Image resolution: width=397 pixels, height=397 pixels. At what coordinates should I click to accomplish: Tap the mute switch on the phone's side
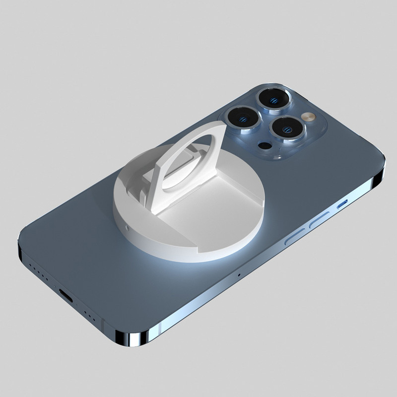coord(342,204)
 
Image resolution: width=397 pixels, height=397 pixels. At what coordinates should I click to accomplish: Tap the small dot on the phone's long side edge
coord(238,274)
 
